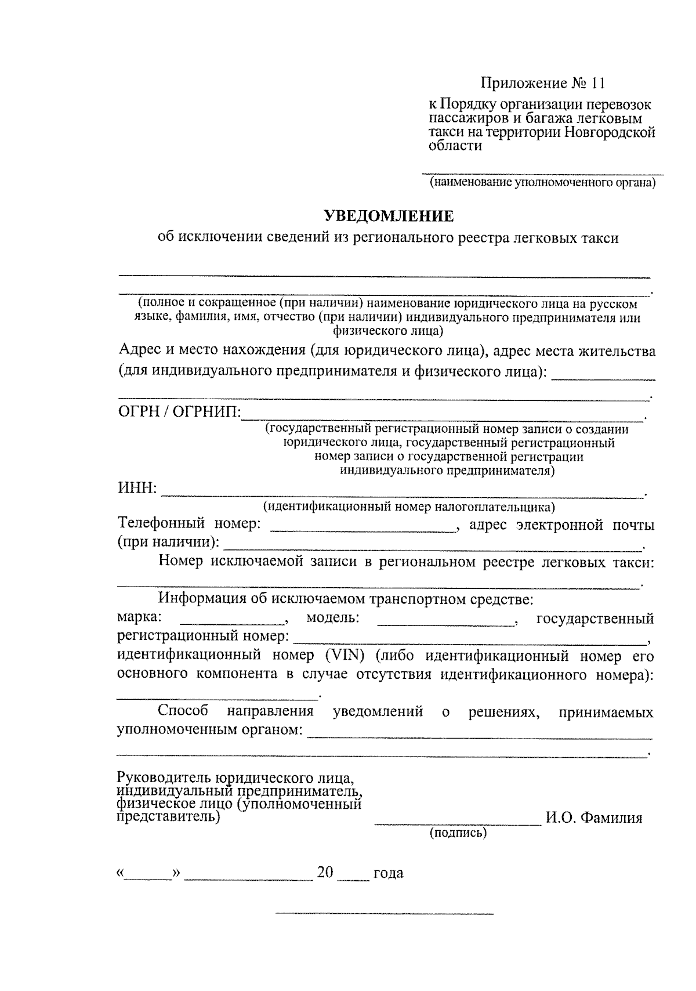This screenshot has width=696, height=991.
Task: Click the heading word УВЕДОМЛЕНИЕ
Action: [x=388, y=217]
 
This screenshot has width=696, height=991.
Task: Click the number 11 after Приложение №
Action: [x=599, y=84]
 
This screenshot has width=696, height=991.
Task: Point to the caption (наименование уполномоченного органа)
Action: [x=542, y=183]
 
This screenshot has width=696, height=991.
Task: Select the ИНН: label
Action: [x=137, y=489]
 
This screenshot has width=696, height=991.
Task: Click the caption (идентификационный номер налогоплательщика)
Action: [x=409, y=507]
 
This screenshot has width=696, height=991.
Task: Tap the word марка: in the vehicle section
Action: [x=139, y=617]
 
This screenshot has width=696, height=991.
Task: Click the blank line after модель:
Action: [x=446, y=623]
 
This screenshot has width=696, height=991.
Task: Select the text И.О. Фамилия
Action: [x=593, y=818]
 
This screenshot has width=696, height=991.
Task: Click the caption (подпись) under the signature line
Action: [x=458, y=834]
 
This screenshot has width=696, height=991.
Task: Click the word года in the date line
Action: [x=388, y=873]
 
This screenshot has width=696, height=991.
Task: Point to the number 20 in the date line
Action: [x=325, y=872]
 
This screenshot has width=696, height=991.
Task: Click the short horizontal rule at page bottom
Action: [x=384, y=914]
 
